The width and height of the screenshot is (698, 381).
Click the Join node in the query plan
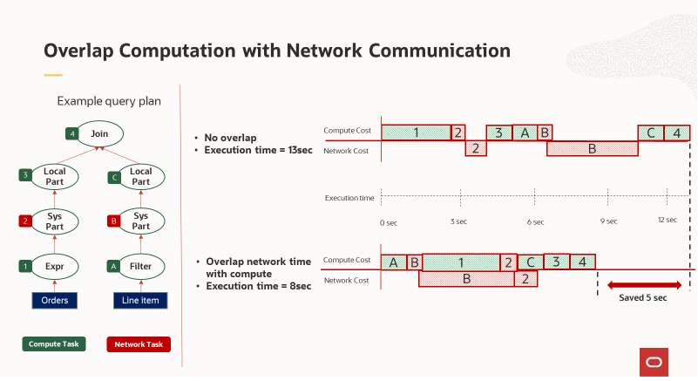coord(98,133)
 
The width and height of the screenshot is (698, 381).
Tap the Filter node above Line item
coord(140,265)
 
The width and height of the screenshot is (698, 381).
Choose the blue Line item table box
coord(140,301)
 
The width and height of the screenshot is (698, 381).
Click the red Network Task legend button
coord(139,344)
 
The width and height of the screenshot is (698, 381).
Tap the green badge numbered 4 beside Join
coord(71,134)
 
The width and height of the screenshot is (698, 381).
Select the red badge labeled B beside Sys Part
coord(112,221)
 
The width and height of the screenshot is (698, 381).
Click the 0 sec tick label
coord(389,222)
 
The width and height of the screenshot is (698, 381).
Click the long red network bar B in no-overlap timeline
coord(592,149)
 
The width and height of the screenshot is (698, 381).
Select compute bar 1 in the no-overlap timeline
coord(416,133)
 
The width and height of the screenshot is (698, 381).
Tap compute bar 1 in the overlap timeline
coord(461,262)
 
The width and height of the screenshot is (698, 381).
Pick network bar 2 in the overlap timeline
coord(525,279)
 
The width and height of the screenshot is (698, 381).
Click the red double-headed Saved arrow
coord(644,285)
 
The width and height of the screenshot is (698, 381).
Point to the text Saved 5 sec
coord(643,298)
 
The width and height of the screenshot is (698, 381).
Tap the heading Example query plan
coord(109,101)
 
